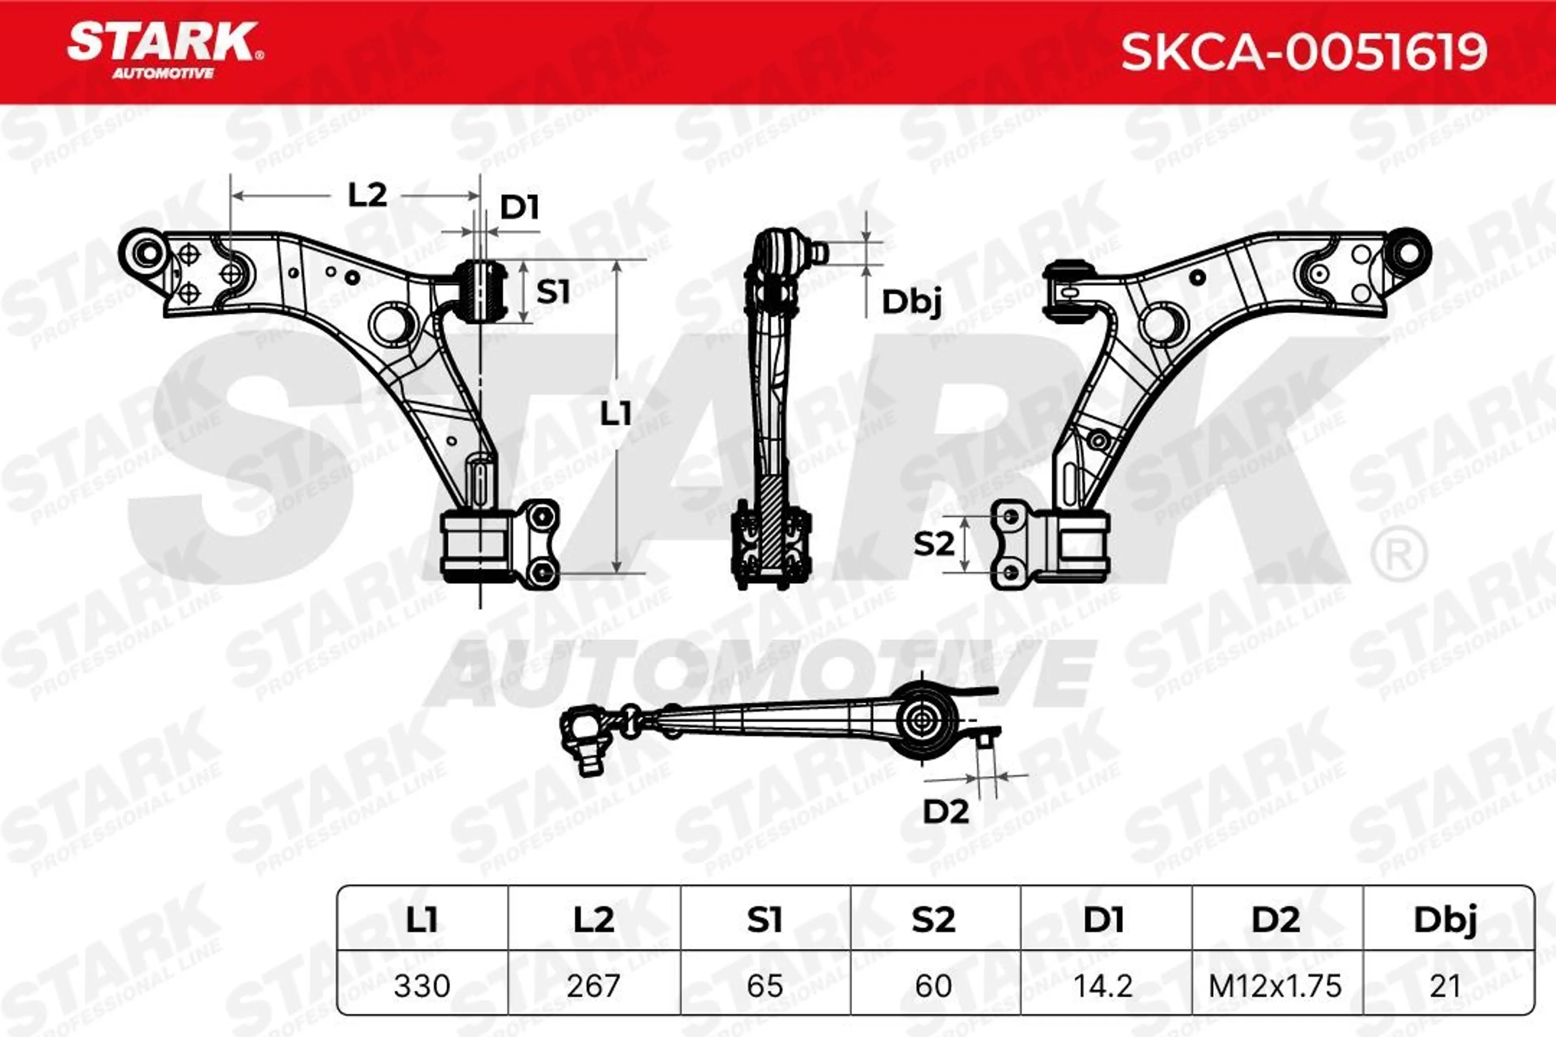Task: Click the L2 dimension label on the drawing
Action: (x=367, y=195)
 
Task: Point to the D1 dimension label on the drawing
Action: (x=519, y=208)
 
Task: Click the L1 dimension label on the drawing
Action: (x=615, y=415)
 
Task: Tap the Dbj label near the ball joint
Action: (x=911, y=303)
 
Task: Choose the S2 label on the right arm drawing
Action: (x=934, y=544)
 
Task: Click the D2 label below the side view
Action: (x=946, y=811)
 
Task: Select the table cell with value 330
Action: (x=422, y=986)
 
